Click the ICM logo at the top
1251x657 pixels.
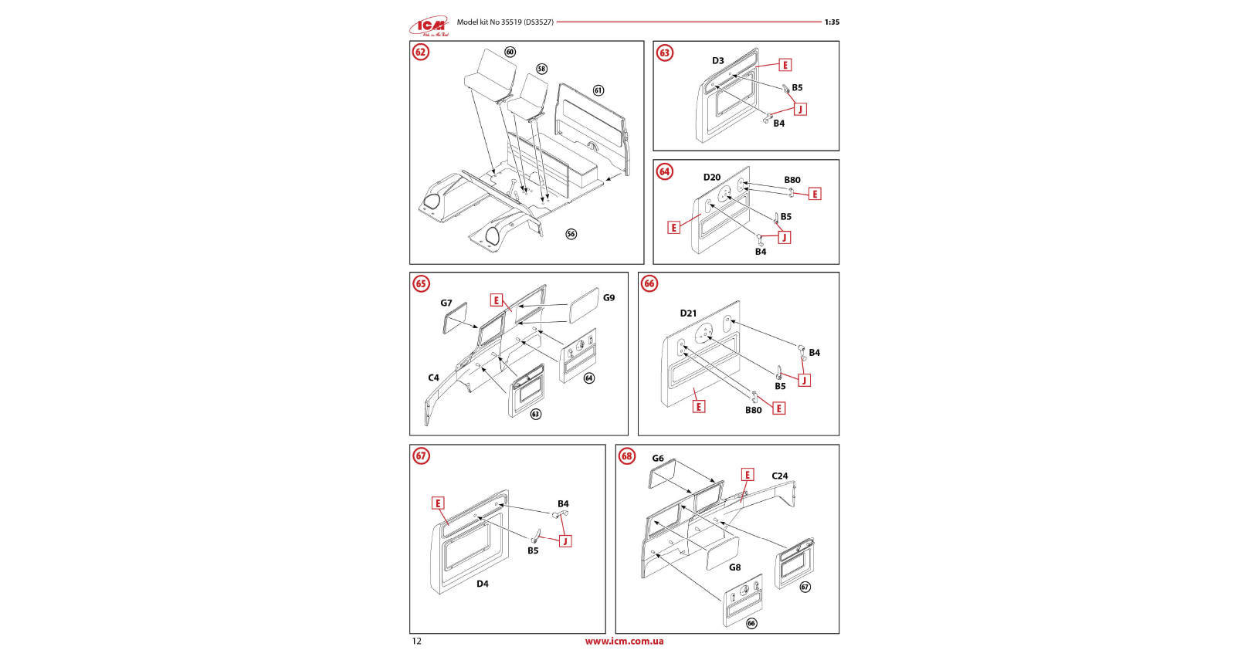[x=429, y=25]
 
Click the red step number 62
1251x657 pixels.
[x=421, y=52]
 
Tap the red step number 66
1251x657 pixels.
[x=649, y=283]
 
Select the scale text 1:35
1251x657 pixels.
[x=832, y=22]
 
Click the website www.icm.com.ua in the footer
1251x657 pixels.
[x=625, y=641]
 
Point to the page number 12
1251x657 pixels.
[x=417, y=641]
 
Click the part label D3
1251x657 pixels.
[x=717, y=61]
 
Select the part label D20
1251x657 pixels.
[x=712, y=177]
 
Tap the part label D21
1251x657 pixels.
[x=688, y=313]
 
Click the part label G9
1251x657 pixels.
[x=609, y=298]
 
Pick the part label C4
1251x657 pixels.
[x=433, y=378]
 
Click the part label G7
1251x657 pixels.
[x=446, y=303]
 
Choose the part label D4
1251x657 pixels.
[x=483, y=584]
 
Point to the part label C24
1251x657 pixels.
[x=780, y=476]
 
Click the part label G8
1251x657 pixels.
[x=735, y=567]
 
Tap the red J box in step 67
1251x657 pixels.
[x=565, y=541]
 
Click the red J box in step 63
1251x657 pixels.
[x=800, y=109]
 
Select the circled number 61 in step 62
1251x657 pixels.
[x=598, y=90]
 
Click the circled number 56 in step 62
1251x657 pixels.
[x=571, y=234]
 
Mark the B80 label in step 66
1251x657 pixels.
[x=754, y=410]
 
